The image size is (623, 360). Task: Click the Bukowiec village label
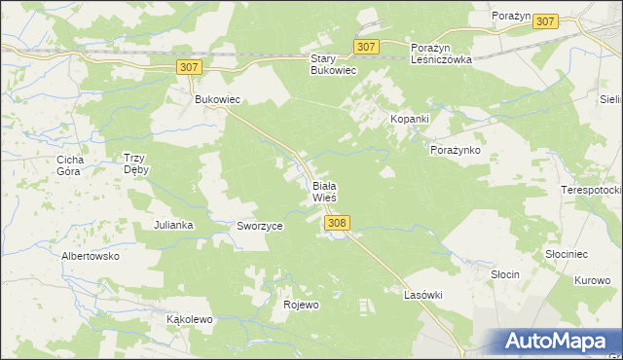[x=217, y=100]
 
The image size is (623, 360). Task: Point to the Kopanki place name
[x=410, y=118]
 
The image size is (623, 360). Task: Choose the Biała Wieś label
[x=324, y=191]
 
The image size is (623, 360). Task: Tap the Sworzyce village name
[x=260, y=226]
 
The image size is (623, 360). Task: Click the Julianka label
[x=173, y=225]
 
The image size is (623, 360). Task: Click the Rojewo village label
[x=301, y=305]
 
